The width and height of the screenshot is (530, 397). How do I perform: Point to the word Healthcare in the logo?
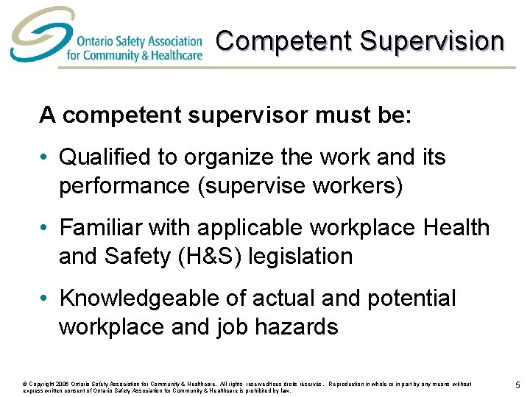pyautogui.click(x=174, y=54)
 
